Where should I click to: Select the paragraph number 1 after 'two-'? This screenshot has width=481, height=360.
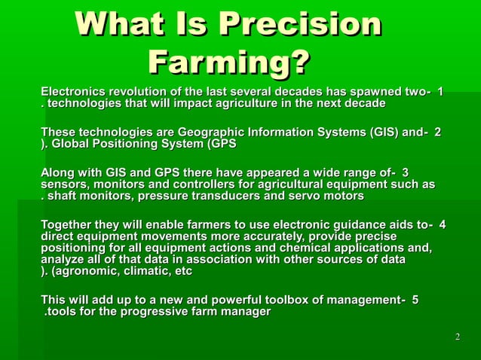tap(440, 91)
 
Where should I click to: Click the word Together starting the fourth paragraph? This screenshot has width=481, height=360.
tap(70, 224)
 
